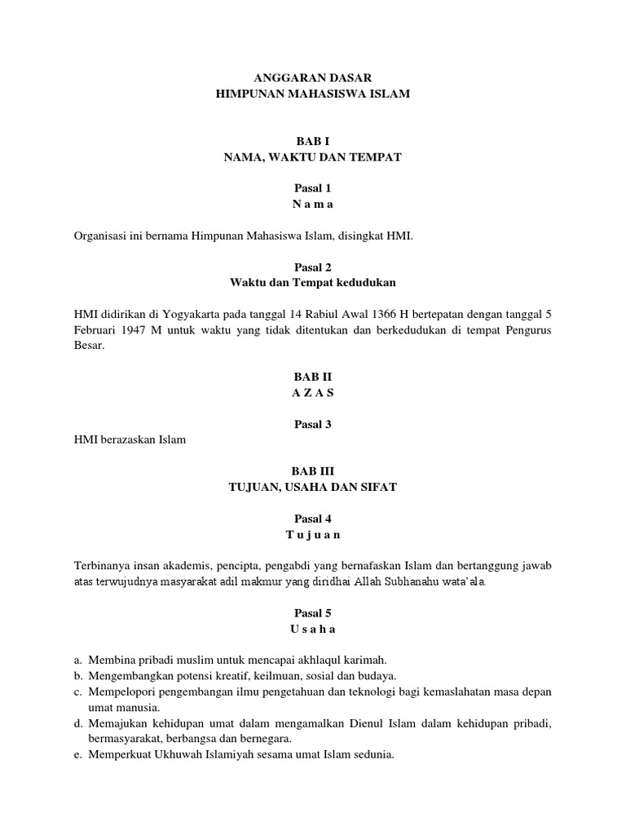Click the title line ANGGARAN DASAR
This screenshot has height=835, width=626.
coord(313,78)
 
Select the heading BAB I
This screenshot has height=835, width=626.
coord(313,141)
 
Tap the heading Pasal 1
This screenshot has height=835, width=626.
coord(313,188)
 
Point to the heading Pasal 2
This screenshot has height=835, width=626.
coord(313,267)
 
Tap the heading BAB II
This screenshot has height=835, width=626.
coord(313,377)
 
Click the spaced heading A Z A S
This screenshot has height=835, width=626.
coord(313,392)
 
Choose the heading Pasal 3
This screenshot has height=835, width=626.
coord(313,424)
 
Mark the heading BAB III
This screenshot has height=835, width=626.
coord(313,471)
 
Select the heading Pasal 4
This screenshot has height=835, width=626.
coord(313,519)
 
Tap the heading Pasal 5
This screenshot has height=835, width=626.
coord(313,613)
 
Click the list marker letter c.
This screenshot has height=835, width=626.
coord(77,691)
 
